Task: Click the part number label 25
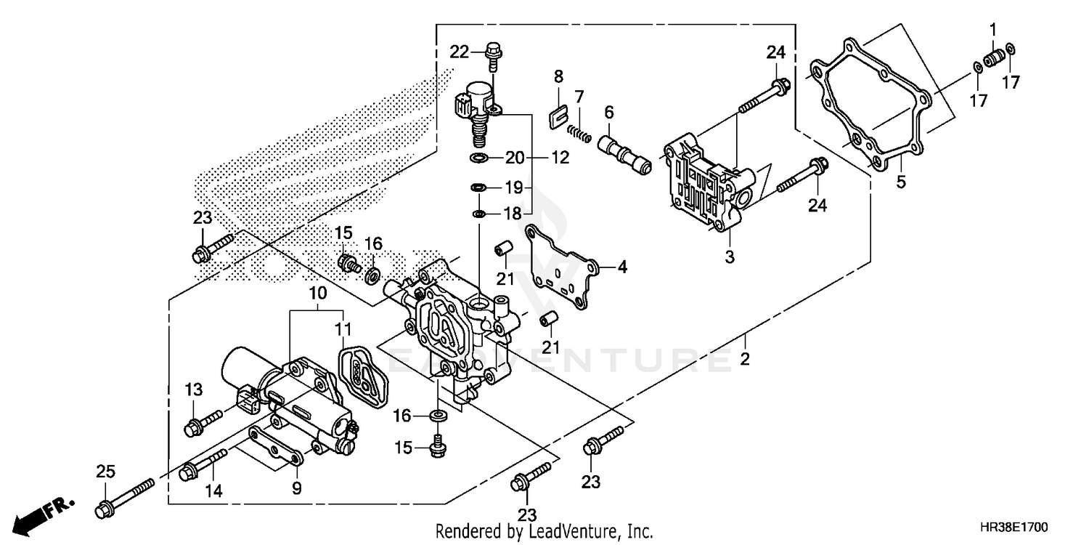click(106, 472)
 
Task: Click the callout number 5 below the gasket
click(901, 182)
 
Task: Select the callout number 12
click(560, 157)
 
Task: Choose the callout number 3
click(730, 256)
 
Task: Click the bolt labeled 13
click(205, 421)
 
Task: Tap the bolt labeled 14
click(203, 463)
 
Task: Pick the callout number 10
click(319, 294)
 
